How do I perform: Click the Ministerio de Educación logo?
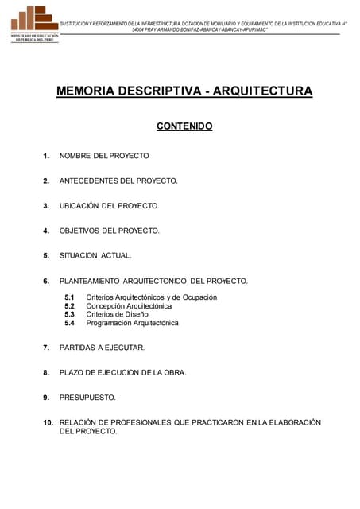click(34, 24)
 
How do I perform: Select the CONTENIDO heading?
click(184, 126)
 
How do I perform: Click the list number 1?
click(47, 156)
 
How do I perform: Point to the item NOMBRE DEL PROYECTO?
click(104, 156)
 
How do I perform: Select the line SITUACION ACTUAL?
click(95, 256)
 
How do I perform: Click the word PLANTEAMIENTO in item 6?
click(89, 281)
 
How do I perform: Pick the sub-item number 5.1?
click(69, 297)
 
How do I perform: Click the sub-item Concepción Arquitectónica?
click(129, 306)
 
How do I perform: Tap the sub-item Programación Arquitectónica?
click(132, 324)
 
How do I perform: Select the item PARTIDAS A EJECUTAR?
click(102, 348)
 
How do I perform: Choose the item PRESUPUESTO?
click(87, 397)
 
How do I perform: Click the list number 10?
click(48, 422)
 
